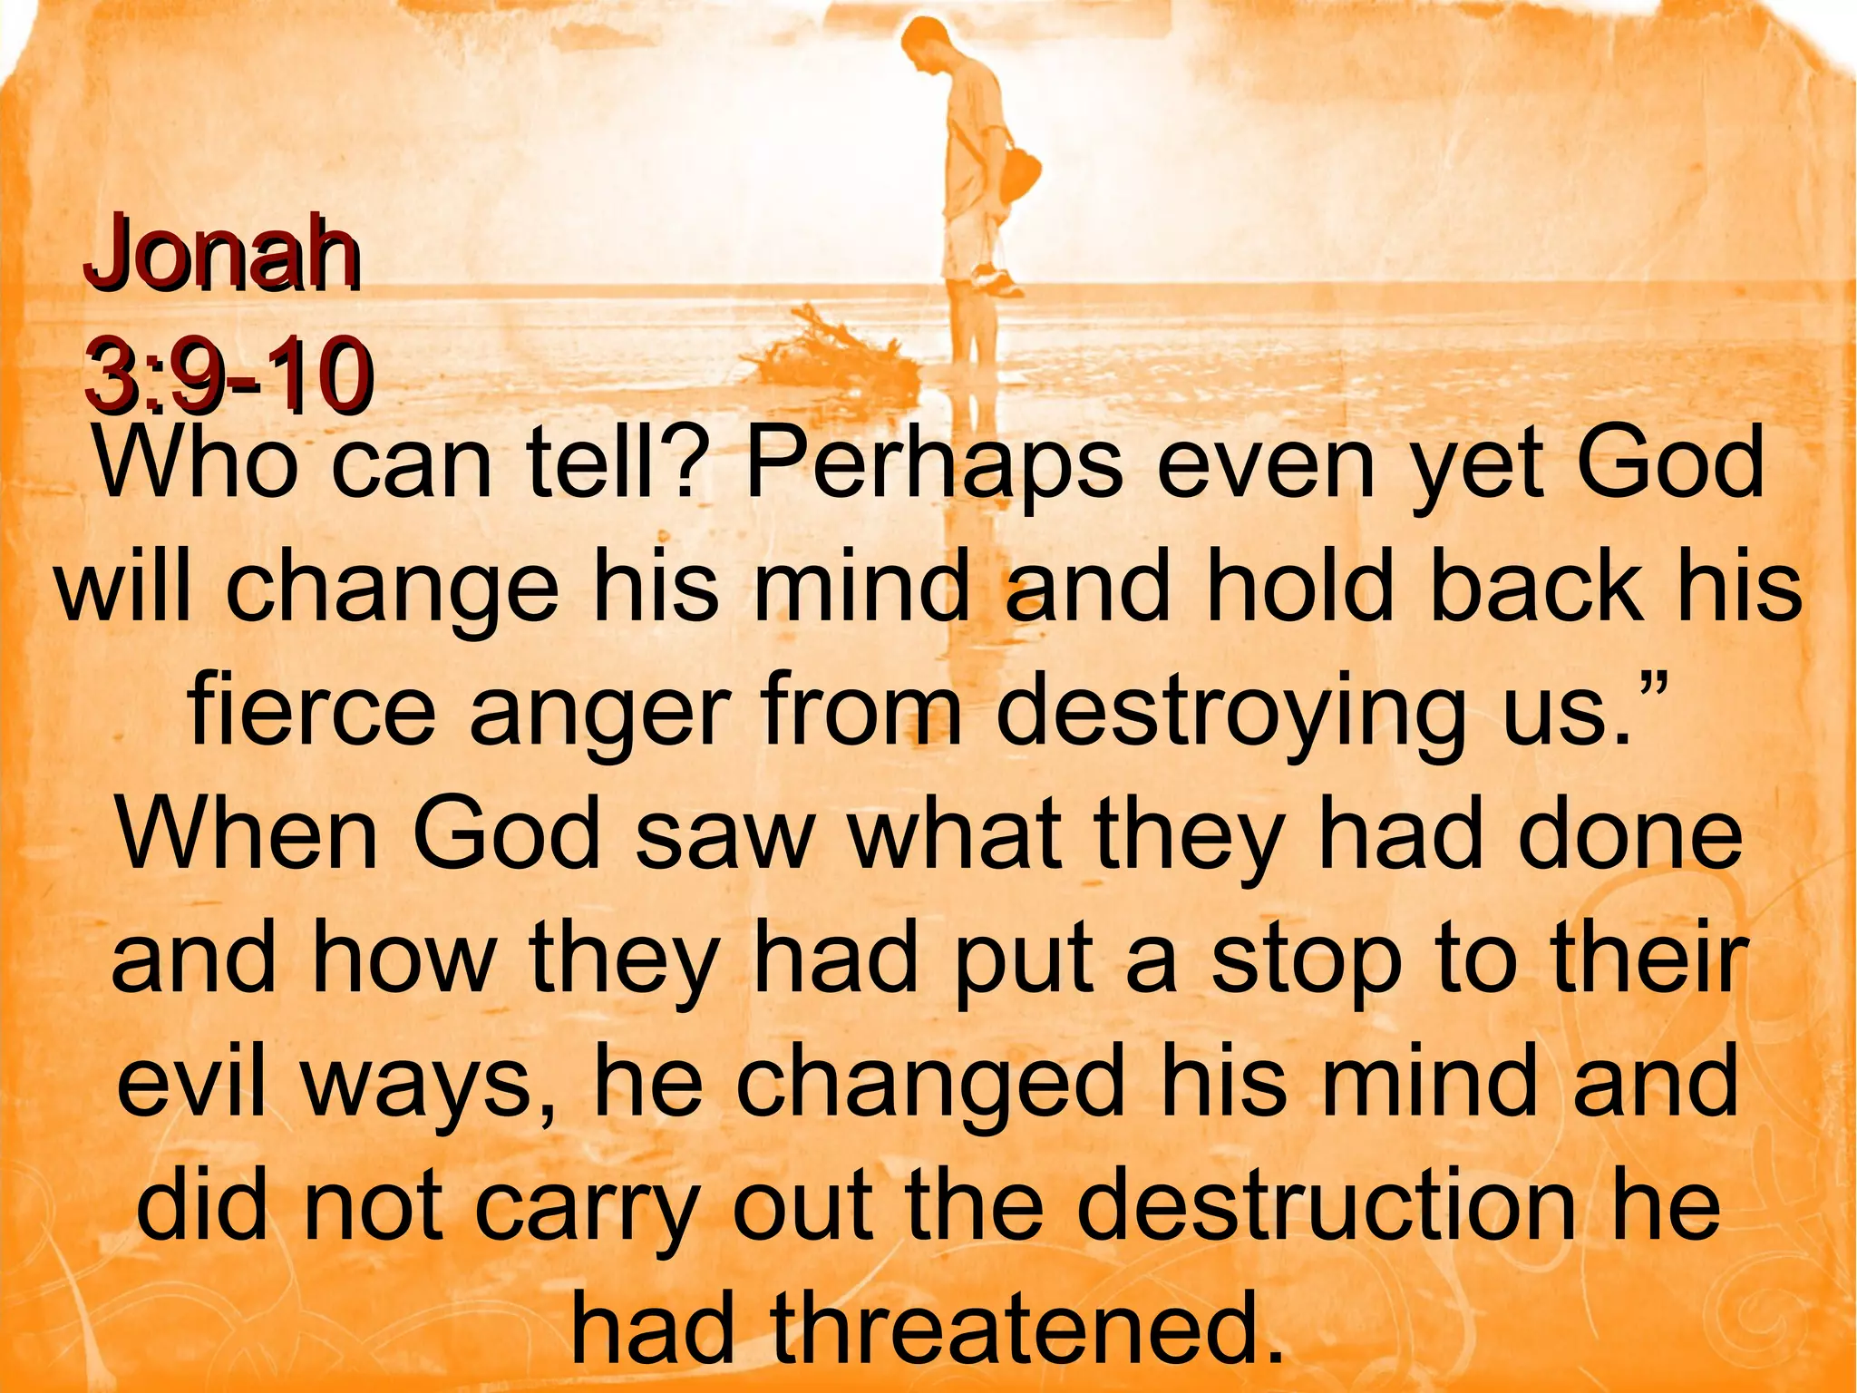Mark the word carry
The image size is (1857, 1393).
pyautogui.click(x=586, y=1206)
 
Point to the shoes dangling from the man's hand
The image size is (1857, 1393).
pyautogui.click(x=997, y=278)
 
